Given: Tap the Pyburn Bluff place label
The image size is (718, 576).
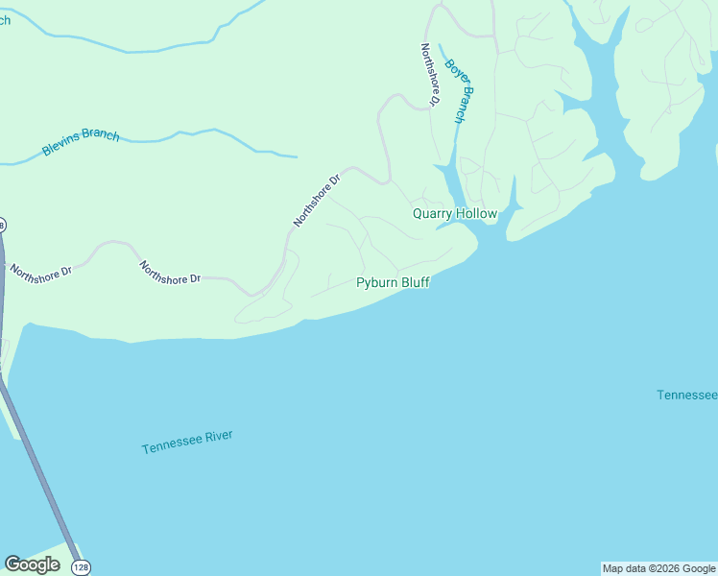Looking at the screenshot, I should (393, 282).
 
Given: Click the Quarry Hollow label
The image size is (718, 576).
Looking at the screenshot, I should (455, 213).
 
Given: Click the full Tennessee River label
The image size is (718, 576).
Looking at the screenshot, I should (187, 442).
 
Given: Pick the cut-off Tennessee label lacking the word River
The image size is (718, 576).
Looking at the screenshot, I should (687, 396).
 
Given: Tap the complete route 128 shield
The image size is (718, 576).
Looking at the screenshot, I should (81, 566).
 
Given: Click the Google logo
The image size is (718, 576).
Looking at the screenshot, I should (32, 564).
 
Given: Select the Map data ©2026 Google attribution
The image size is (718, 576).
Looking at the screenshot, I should (659, 568).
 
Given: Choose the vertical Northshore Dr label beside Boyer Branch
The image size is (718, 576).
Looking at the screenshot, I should (429, 74).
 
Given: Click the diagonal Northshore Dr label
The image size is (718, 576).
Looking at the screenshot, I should (318, 200).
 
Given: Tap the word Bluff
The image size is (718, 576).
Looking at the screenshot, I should (414, 282).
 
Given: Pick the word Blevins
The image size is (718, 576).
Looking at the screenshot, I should (61, 148).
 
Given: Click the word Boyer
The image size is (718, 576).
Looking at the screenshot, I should (452, 74).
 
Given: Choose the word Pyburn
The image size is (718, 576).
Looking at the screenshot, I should (375, 282).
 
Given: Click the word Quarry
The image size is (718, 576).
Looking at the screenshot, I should (432, 213).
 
